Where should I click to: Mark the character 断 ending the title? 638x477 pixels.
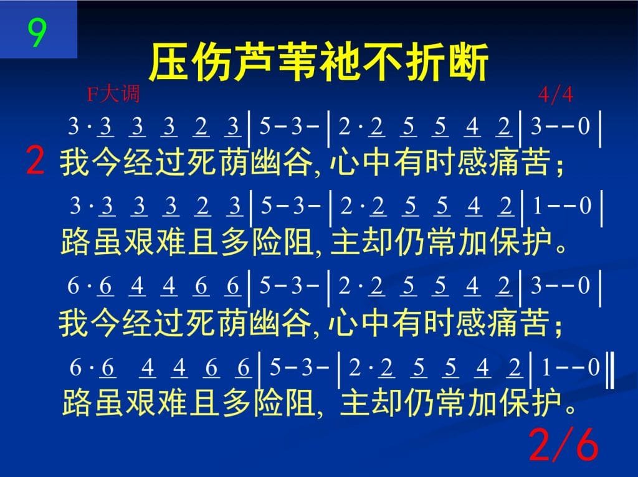click(469, 62)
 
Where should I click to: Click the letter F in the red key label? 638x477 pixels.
click(93, 95)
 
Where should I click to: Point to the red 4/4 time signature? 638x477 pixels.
click(555, 95)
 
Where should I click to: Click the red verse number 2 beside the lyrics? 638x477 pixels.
click(35, 161)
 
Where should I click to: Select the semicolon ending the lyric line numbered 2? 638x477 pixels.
click(560, 167)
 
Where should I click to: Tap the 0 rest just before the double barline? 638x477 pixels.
click(594, 367)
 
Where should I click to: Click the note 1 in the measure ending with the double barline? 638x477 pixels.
click(546, 367)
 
